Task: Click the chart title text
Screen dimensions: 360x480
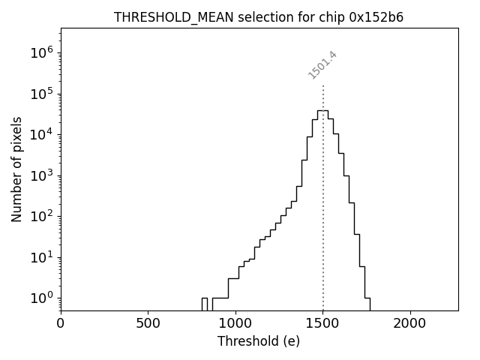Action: pos(259,17)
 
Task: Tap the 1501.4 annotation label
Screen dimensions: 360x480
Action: pos(322,65)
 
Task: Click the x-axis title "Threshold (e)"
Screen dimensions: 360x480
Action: pos(259,342)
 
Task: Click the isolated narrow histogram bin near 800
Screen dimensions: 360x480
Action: pos(204,303)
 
